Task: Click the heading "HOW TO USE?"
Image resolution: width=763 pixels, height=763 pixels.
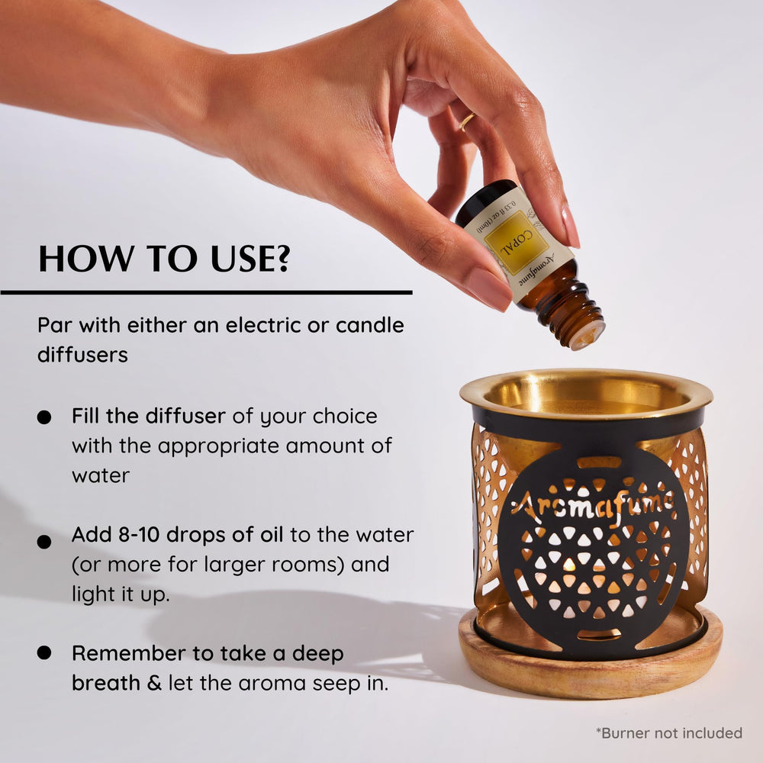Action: [164, 259]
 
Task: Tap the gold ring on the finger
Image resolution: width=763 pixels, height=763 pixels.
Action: [467, 121]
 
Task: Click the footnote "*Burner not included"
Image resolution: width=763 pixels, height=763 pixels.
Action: [668, 732]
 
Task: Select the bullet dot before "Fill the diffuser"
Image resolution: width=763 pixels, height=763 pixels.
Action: [45, 417]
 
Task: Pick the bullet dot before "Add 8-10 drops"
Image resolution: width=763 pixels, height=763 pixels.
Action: [45, 541]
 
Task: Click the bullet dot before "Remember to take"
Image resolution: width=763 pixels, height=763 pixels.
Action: [45, 652]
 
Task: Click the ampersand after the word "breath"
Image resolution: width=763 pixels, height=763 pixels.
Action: [154, 682]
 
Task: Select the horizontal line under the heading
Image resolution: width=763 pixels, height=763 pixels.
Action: [206, 291]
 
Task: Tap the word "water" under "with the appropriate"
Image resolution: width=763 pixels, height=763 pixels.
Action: [101, 475]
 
